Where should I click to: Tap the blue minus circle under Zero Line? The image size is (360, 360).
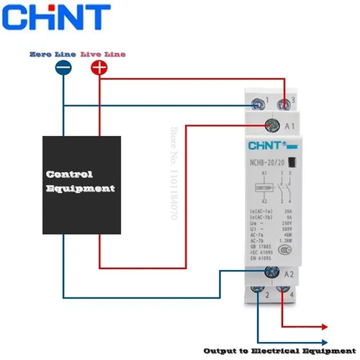(x=63, y=68)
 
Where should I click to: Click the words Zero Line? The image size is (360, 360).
(x=52, y=54)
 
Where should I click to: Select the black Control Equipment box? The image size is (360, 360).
(x=80, y=183)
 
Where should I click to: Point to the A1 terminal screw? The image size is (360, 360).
(x=273, y=125)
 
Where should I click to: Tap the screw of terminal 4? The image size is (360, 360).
(x=288, y=291)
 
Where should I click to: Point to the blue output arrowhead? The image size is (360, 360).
(x=328, y=343)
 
